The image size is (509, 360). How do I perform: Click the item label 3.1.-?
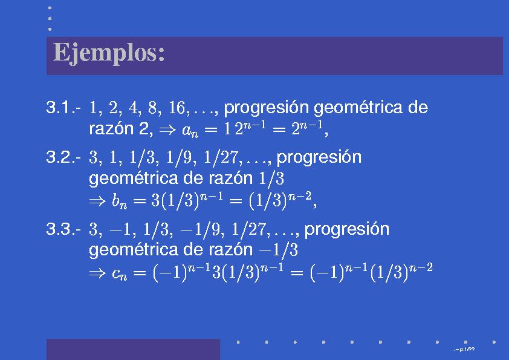point(63,107)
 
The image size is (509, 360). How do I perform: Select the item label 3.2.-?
point(63,157)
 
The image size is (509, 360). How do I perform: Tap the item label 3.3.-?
point(63,229)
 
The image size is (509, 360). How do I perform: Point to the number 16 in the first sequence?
point(177,108)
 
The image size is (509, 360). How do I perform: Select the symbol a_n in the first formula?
point(190,131)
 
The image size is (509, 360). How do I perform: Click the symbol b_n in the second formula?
point(119,201)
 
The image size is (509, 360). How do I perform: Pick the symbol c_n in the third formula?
point(119,274)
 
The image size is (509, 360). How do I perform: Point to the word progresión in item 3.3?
point(347,230)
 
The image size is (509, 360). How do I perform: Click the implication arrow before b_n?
point(97,201)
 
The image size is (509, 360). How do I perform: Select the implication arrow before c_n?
point(97,273)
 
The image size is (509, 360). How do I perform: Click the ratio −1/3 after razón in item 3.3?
point(278,250)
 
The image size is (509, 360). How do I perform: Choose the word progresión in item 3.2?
point(319,158)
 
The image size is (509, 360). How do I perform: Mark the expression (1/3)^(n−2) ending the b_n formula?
point(280,200)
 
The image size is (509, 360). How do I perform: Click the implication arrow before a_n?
point(167,130)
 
